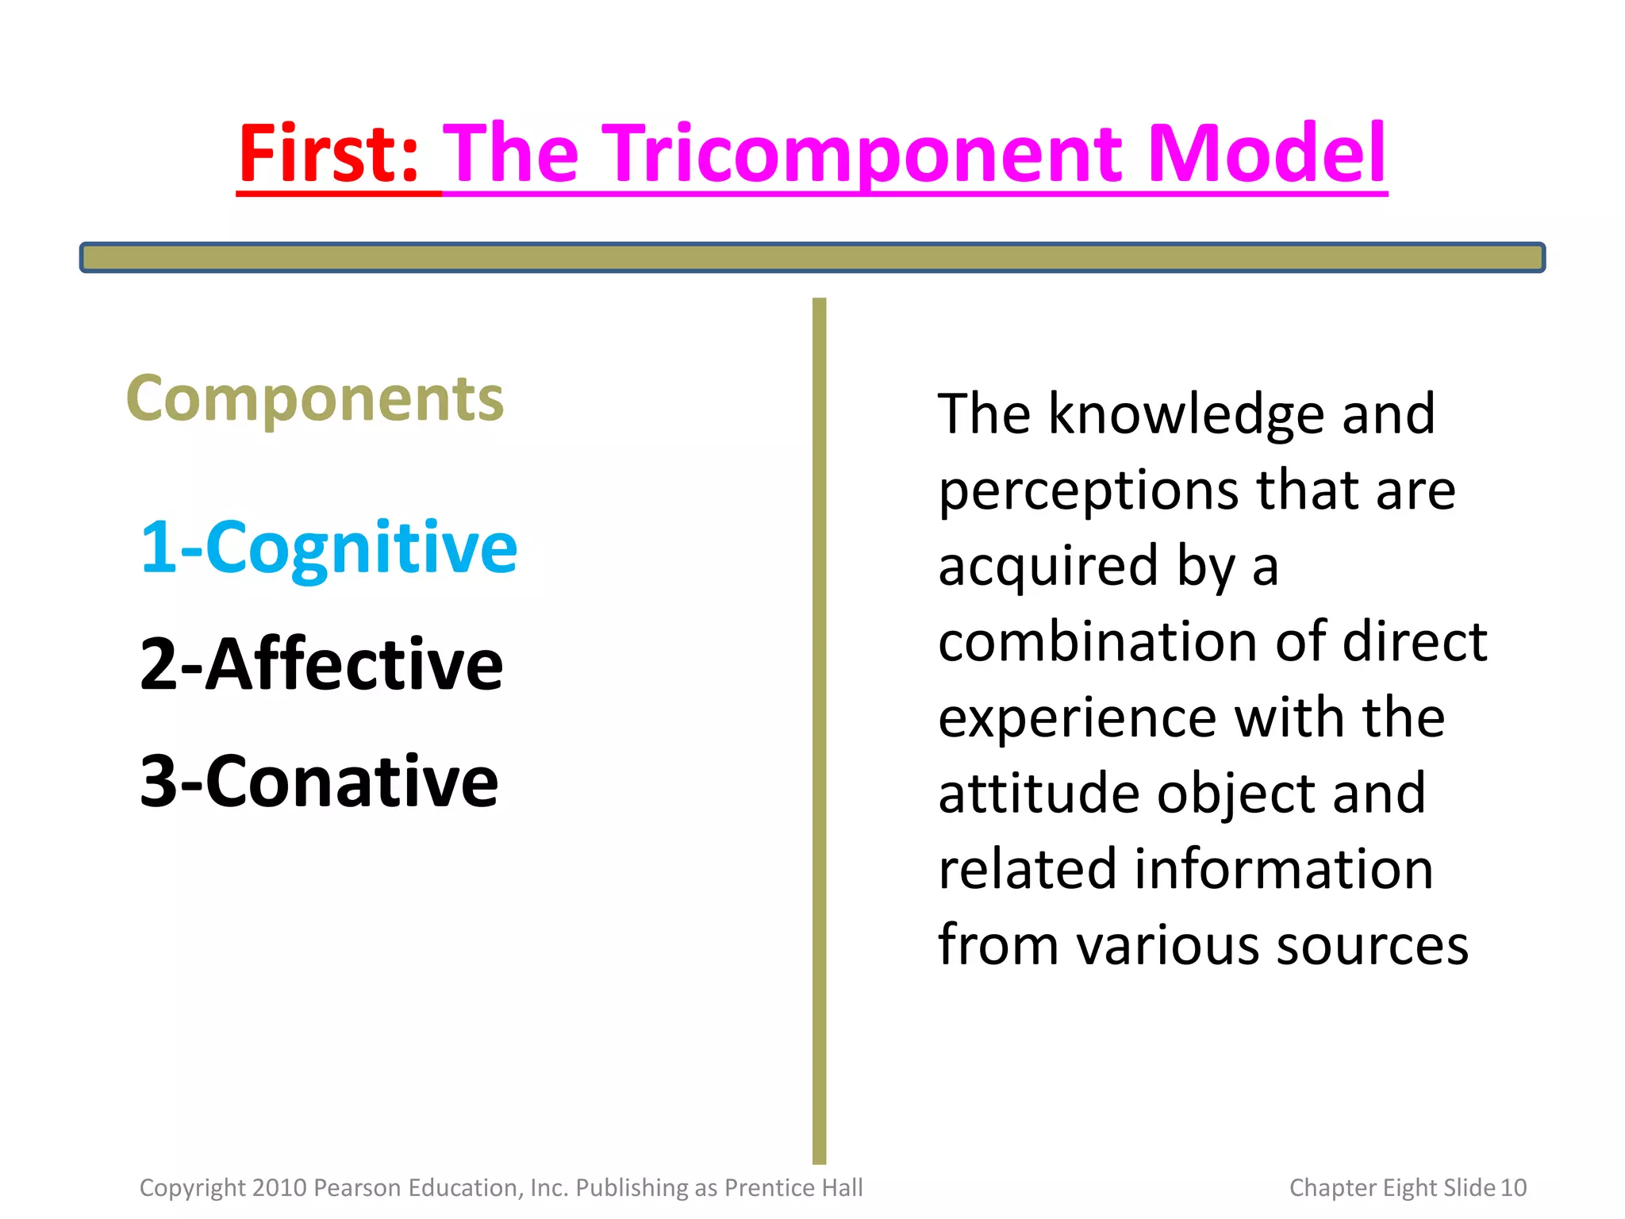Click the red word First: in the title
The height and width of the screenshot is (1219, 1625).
tap(328, 154)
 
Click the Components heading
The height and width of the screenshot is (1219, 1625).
tap(315, 399)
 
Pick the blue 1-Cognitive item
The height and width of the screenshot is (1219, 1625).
tap(328, 548)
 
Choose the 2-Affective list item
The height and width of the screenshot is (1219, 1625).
tap(321, 664)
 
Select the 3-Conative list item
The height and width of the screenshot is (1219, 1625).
tap(319, 782)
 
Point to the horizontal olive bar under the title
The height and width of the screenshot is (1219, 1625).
tap(812, 258)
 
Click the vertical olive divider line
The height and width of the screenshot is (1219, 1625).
tap(819, 730)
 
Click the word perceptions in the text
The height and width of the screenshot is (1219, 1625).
tap(1088, 491)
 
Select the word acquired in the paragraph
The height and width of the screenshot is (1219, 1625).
tap(1048, 567)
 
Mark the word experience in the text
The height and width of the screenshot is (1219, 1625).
tap(1077, 718)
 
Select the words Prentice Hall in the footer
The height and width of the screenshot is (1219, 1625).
tap(793, 1187)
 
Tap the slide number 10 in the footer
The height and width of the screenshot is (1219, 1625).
tap(1513, 1187)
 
